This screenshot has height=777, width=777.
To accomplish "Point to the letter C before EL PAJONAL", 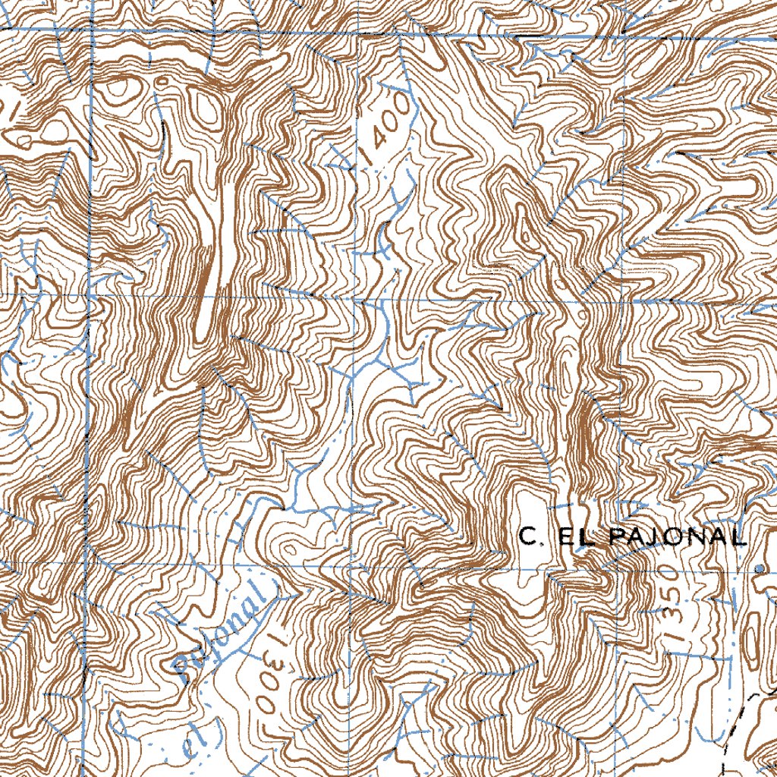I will tap(529, 537).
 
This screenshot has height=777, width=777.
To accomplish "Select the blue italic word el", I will tap(190, 744).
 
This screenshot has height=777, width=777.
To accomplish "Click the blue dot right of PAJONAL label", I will tap(761, 568).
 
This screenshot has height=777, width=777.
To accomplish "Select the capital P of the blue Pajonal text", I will tap(186, 664).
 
